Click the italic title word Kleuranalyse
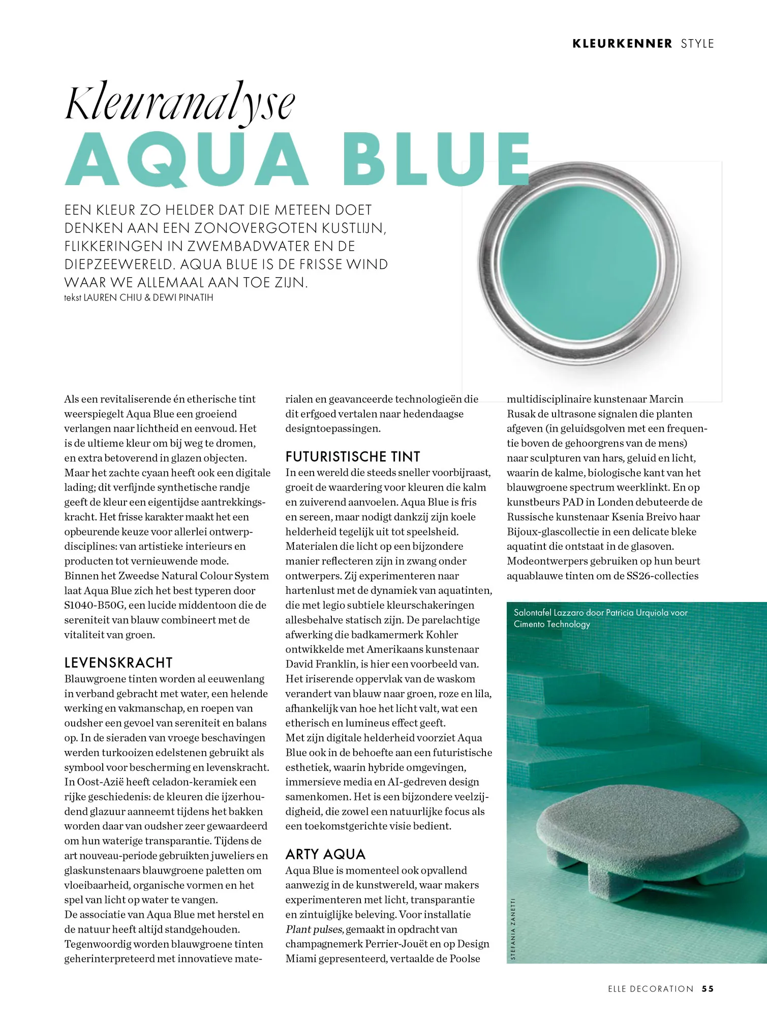(x=180, y=103)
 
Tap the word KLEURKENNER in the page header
(x=622, y=44)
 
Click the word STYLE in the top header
(x=697, y=44)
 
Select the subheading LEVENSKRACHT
(x=118, y=663)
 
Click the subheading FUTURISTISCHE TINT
(x=353, y=457)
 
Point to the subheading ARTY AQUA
(x=325, y=854)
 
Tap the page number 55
(x=708, y=989)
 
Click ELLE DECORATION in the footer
(x=651, y=989)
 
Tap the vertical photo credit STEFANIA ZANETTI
(x=513, y=929)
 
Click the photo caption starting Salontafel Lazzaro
(x=600, y=618)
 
